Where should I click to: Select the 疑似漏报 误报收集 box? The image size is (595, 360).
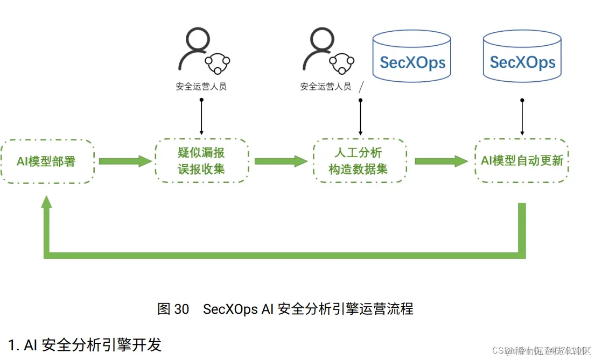201,161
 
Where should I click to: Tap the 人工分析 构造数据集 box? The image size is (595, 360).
358,161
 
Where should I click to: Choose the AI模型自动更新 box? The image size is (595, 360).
522,160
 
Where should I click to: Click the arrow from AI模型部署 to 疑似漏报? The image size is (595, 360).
125,161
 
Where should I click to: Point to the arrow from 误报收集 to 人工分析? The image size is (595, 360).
281,161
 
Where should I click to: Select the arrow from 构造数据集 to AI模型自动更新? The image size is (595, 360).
441,161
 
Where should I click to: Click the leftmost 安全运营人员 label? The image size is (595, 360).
201,87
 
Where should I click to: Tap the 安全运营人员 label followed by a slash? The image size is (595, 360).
326,87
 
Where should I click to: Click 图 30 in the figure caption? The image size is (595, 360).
173,309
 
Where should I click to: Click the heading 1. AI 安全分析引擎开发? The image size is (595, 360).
85,344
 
